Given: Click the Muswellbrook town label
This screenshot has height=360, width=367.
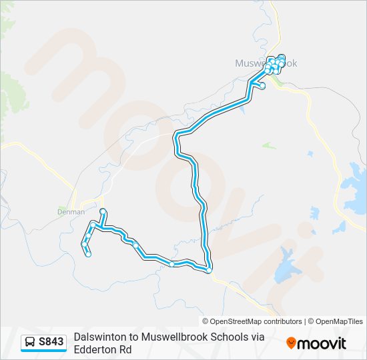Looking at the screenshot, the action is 266,63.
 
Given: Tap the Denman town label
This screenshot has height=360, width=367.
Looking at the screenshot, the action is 71,212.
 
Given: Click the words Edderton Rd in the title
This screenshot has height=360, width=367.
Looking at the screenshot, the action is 103,349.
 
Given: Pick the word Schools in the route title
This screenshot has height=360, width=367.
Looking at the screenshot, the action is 225,337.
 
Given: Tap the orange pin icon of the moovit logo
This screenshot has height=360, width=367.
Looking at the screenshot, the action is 291,343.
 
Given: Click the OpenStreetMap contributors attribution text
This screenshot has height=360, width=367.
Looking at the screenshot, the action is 256,321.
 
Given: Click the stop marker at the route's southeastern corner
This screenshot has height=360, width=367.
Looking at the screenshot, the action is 209,270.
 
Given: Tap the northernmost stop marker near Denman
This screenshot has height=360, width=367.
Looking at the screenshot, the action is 103,211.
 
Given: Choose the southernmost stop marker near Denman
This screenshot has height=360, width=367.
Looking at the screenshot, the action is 88,254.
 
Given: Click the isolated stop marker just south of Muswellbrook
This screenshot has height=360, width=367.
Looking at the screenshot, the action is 262,86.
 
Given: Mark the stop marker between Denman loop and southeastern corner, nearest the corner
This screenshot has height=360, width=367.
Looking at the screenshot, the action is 172,265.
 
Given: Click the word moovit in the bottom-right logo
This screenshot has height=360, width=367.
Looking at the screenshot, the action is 322,343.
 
